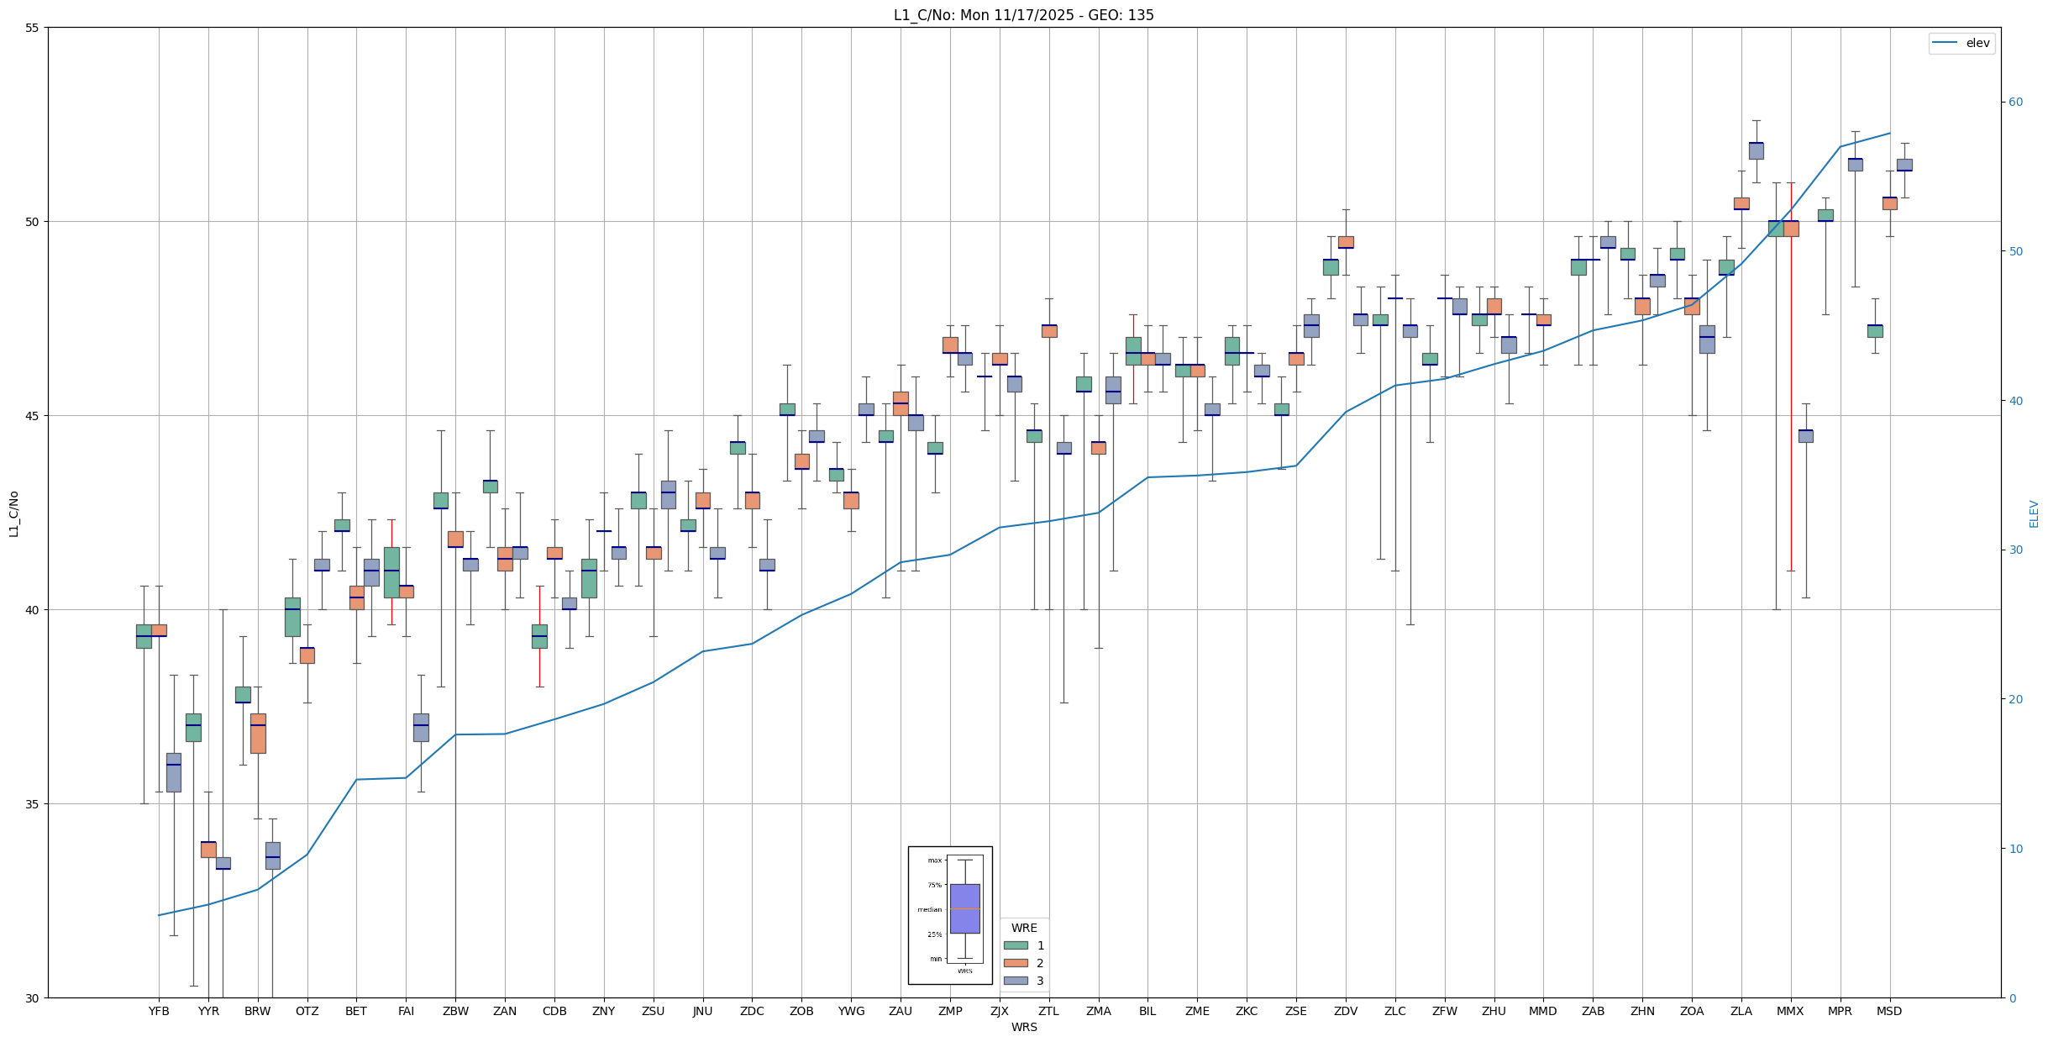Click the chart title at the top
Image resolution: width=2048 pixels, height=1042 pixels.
point(1023,15)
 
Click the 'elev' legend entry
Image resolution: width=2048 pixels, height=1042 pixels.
point(1977,43)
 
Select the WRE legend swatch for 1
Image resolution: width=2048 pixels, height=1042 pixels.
point(1016,945)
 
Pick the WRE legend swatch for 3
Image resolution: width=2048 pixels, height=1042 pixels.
point(1016,981)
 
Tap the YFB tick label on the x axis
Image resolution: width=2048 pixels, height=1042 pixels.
point(159,1011)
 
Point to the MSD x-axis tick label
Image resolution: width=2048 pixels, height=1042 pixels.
point(1889,1011)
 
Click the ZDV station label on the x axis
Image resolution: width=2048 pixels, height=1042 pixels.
point(1346,1011)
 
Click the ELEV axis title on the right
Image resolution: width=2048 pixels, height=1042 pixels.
point(2034,513)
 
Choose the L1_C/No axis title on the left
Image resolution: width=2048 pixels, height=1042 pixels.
point(13,513)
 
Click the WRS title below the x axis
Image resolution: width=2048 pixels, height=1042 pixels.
point(1023,1027)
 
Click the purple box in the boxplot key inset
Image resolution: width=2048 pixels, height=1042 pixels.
point(964,908)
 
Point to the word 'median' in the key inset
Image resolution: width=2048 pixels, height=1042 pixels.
point(929,909)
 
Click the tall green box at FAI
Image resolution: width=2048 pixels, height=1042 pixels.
point(391,572)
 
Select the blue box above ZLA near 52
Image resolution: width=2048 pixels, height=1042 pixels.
point(1756,150)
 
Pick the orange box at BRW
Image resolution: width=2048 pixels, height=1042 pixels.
point(258,733)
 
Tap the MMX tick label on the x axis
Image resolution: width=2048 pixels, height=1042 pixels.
point(1790,1011)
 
